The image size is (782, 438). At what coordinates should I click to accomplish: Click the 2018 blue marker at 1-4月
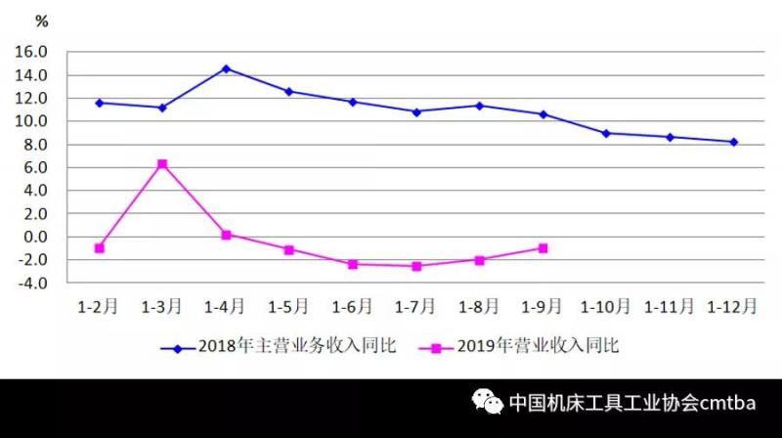click(226, 68)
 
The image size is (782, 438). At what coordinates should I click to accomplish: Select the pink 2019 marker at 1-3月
click(162, 164)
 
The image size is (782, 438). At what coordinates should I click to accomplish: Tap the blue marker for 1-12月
click(733, 142)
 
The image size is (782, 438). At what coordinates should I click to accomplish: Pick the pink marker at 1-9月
click(543, 248)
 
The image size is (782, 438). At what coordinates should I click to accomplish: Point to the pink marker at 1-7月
click(416, 266)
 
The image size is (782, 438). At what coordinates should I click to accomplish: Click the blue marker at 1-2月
click(99, 103)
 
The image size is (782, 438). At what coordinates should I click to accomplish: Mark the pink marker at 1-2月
click(99, 248)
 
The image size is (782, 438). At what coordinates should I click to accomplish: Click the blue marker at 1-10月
click(606, 133)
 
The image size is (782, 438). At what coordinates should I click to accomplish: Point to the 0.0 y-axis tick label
click(35, 237)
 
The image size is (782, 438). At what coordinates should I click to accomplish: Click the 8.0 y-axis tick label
click(35, 145)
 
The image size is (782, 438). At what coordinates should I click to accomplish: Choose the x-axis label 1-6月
click(352, 307)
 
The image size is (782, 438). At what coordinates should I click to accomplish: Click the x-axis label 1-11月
click(669, 307)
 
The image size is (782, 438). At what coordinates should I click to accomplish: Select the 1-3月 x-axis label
click(162, 307)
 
